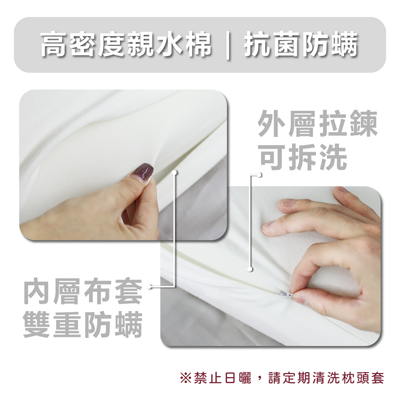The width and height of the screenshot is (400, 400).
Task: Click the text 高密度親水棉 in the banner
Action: (x=126, y=44)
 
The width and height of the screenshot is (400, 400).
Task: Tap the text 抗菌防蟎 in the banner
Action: (x=301, y=44)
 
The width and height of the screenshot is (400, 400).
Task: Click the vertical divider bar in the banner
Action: (x=228, y=45)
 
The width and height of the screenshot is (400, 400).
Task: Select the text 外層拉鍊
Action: (x=317, y=123)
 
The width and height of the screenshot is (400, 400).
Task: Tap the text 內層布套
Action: (x=83, y=291)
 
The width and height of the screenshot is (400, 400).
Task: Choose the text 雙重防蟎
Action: (x=83, y=324)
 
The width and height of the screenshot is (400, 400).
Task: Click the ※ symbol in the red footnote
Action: (x=185, y=378)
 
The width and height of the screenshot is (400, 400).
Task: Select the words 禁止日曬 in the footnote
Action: (x=222, y=378)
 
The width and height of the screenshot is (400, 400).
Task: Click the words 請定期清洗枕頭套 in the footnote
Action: (x=326, y=378)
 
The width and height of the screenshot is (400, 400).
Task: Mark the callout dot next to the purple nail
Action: (x=174, y=172)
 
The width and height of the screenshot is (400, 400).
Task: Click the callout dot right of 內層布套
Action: (x=149, y=286)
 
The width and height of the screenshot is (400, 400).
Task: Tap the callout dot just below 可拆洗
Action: (x=259, y=175)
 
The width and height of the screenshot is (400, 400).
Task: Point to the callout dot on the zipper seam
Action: (x=250, y=269)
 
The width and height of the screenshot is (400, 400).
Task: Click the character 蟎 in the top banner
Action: (x=344, y=44)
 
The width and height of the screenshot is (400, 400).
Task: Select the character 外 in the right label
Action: (x=271, y=123)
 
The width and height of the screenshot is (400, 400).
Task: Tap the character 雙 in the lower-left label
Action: (x=36, y=324)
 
